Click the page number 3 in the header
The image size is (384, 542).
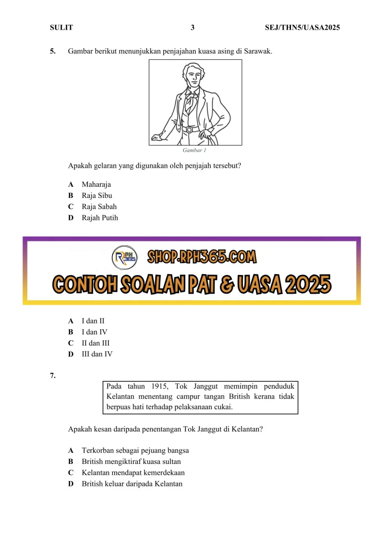[x=192, y=28]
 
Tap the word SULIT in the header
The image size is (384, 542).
[x=61, y=28]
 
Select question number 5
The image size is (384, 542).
[x=52, y=51]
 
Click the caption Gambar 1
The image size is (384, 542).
[x=194, y=150]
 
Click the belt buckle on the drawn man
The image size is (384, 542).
[x=190, y=129]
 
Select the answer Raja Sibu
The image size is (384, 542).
[x=96, y=196]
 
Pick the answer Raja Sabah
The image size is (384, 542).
[x=99, y=207]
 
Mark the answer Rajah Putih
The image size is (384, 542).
[x=99, y=218]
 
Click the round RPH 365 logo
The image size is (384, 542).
[x=124, y=258]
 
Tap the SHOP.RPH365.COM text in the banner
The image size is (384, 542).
[x=202, y=258]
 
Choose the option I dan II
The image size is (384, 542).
[x=93, y=321]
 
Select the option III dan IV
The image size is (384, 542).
[x=97, y=355]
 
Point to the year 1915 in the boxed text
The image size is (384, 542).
[x=158, y=386]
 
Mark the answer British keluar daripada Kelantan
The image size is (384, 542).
[x=132, y=484]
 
